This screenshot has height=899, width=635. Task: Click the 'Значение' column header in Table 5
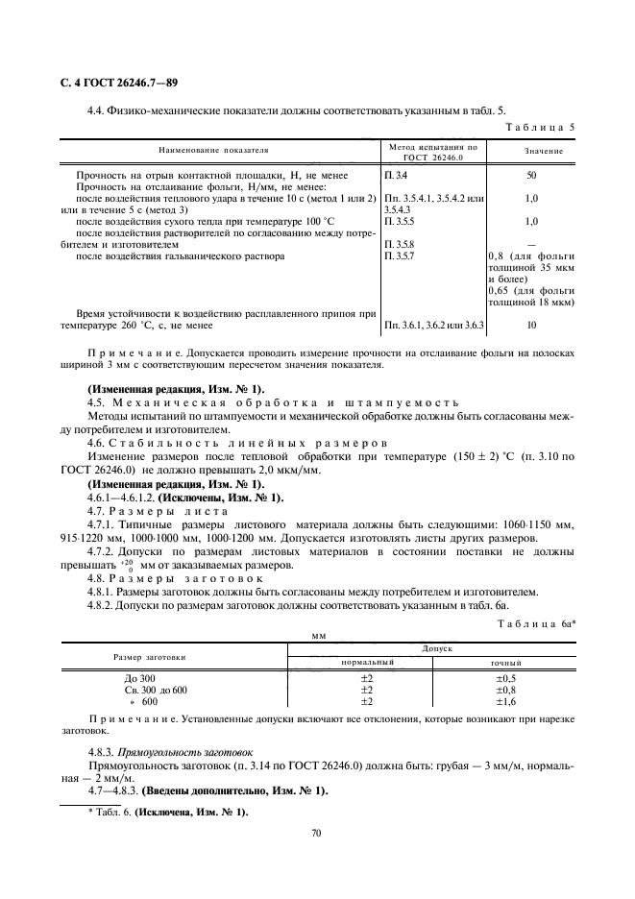(544, 151)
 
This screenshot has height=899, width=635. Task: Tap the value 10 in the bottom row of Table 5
(531, 326)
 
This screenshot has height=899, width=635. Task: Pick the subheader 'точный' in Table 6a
(506, 663)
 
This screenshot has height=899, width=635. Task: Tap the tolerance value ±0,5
(506, 678)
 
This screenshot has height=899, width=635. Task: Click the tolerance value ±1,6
(506, 701)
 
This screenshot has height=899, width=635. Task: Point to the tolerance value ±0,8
(506, 690)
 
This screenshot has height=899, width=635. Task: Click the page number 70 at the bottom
(316, 834)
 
